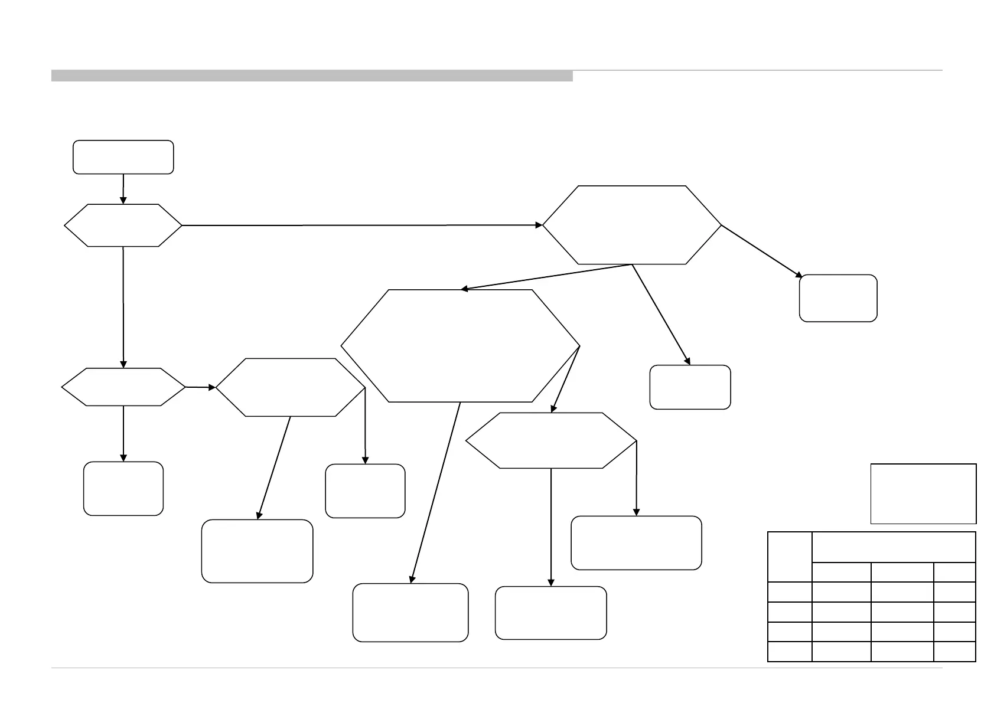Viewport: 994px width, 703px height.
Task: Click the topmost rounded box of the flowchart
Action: [123, 157]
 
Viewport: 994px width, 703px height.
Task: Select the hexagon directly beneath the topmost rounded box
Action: [123, 225]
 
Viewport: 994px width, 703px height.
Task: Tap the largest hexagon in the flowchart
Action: [460, 346]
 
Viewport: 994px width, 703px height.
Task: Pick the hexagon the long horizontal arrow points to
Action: [631, 225]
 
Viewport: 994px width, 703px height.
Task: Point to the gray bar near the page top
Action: [312, 76]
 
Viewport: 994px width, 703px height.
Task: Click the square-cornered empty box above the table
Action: [923, 493]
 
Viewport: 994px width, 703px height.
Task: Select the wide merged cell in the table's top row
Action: [894, 547]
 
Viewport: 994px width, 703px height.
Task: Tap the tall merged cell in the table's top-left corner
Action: [790, 557]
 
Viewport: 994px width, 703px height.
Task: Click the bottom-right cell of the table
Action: [954, 652]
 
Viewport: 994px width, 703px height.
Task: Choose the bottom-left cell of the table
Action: [790, 652]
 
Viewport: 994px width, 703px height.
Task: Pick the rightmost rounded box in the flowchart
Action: [837, 298]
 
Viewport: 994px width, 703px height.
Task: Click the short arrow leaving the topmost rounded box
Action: [123, 189]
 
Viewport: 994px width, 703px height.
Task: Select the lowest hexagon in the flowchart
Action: [551, 440]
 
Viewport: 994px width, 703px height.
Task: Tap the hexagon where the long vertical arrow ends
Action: [123, 387]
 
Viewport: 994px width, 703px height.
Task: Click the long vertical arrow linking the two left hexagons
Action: [123, 307]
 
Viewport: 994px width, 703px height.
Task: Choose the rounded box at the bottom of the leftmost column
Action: [123, 489]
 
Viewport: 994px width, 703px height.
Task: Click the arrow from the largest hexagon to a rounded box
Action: [435, 493]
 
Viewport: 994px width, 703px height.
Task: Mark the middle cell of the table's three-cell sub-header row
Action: [902, 572]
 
